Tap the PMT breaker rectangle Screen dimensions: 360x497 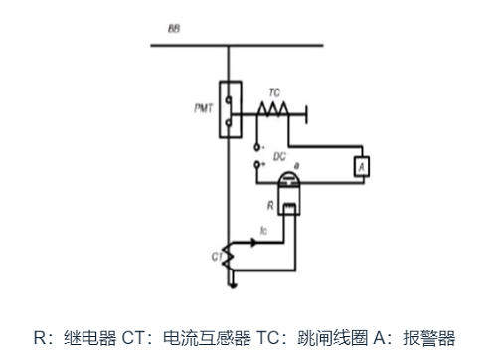[231, 108]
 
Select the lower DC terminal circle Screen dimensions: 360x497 [259, 163]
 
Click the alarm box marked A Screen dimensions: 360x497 [363, 166]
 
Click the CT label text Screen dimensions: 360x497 [217, 256]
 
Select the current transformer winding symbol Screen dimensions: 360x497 [231, 258]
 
